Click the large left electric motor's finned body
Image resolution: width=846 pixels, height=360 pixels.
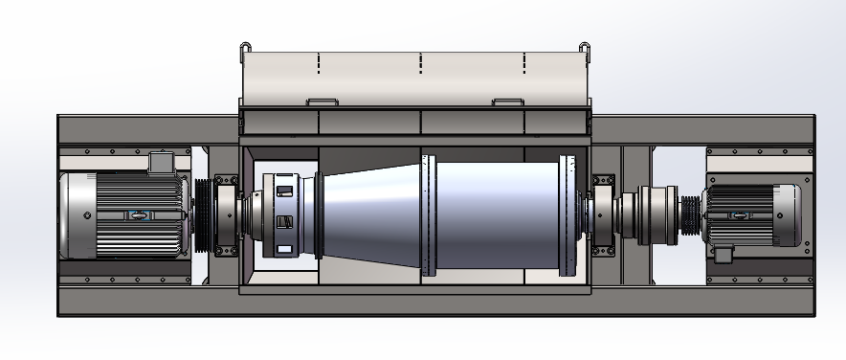coord(134,215)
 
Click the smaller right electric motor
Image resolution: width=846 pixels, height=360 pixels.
coord(751,214)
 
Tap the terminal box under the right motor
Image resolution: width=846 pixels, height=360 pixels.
coord(723,253)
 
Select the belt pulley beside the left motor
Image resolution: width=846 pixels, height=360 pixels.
coord(202,215)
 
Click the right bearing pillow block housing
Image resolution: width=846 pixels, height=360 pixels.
coord(603,214)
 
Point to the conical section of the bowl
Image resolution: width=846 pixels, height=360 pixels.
coord(368,215)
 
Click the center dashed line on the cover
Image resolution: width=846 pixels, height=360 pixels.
coord(421,63)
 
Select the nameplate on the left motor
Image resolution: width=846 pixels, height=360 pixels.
coord(140,214)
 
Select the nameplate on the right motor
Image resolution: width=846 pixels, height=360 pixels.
coord(739,214)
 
